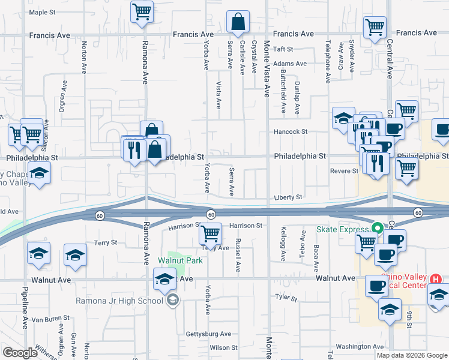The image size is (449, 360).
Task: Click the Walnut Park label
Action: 180,260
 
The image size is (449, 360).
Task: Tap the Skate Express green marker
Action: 378,229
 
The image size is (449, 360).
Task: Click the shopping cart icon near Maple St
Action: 142,10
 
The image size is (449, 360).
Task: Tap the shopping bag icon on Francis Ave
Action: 238,22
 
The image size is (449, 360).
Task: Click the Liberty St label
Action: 289,197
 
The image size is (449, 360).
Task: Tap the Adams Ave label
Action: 289,63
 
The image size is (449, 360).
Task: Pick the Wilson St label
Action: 223,347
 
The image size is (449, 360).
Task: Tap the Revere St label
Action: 344,171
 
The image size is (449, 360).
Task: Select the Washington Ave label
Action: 359,346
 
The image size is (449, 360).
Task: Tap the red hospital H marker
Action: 436,279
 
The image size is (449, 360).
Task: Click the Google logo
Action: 20,353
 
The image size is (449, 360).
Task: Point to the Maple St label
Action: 42,12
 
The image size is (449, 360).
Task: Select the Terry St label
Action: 105,242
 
